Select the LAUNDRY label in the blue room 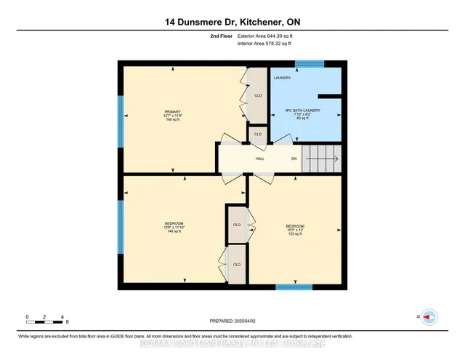pyautogui.click(x=282, y=77)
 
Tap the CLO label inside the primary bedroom pyautogui.click(x=257, y=95)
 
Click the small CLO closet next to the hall pyautogui.click(x=257, y=135)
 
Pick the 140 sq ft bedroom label pyautogui.click(x=174, y=228)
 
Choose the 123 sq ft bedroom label pyautogui.click(x=294, y=230)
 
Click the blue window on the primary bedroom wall pyautogui.click(x=121, y=127)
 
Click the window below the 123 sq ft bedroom pyautogui.click(x=294, y=287)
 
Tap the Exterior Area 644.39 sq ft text pyautogui.click(x=267, y=35)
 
